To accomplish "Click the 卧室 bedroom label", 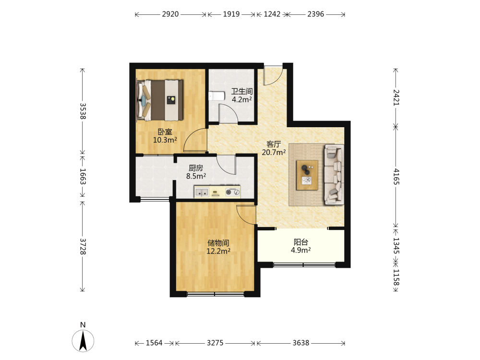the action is coord(165,132).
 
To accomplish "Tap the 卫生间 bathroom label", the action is coord(242,91).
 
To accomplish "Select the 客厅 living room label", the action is coord(274,144).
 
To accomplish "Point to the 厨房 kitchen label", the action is coord(196,168).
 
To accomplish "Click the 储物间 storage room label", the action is coord(218,243).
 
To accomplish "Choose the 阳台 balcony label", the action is coord(301,242).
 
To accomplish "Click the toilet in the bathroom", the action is coord(216,96).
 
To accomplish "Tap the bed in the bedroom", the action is coord(160,100).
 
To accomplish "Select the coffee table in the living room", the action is coord(307,175).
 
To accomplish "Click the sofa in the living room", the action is coord(334,175).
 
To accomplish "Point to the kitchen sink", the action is coord(202,192).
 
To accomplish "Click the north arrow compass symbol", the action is coord(83,341).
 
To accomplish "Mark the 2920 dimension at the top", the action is coord(170,14).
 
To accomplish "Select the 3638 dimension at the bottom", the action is coord(301,343).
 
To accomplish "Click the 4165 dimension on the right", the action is coord(396,176).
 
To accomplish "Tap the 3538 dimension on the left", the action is coord(83,111).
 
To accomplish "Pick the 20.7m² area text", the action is coord(274,152).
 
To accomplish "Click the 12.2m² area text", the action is coord(218,251).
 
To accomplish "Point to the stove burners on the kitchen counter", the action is coord(232,192).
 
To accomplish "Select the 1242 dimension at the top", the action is coord(272,14).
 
